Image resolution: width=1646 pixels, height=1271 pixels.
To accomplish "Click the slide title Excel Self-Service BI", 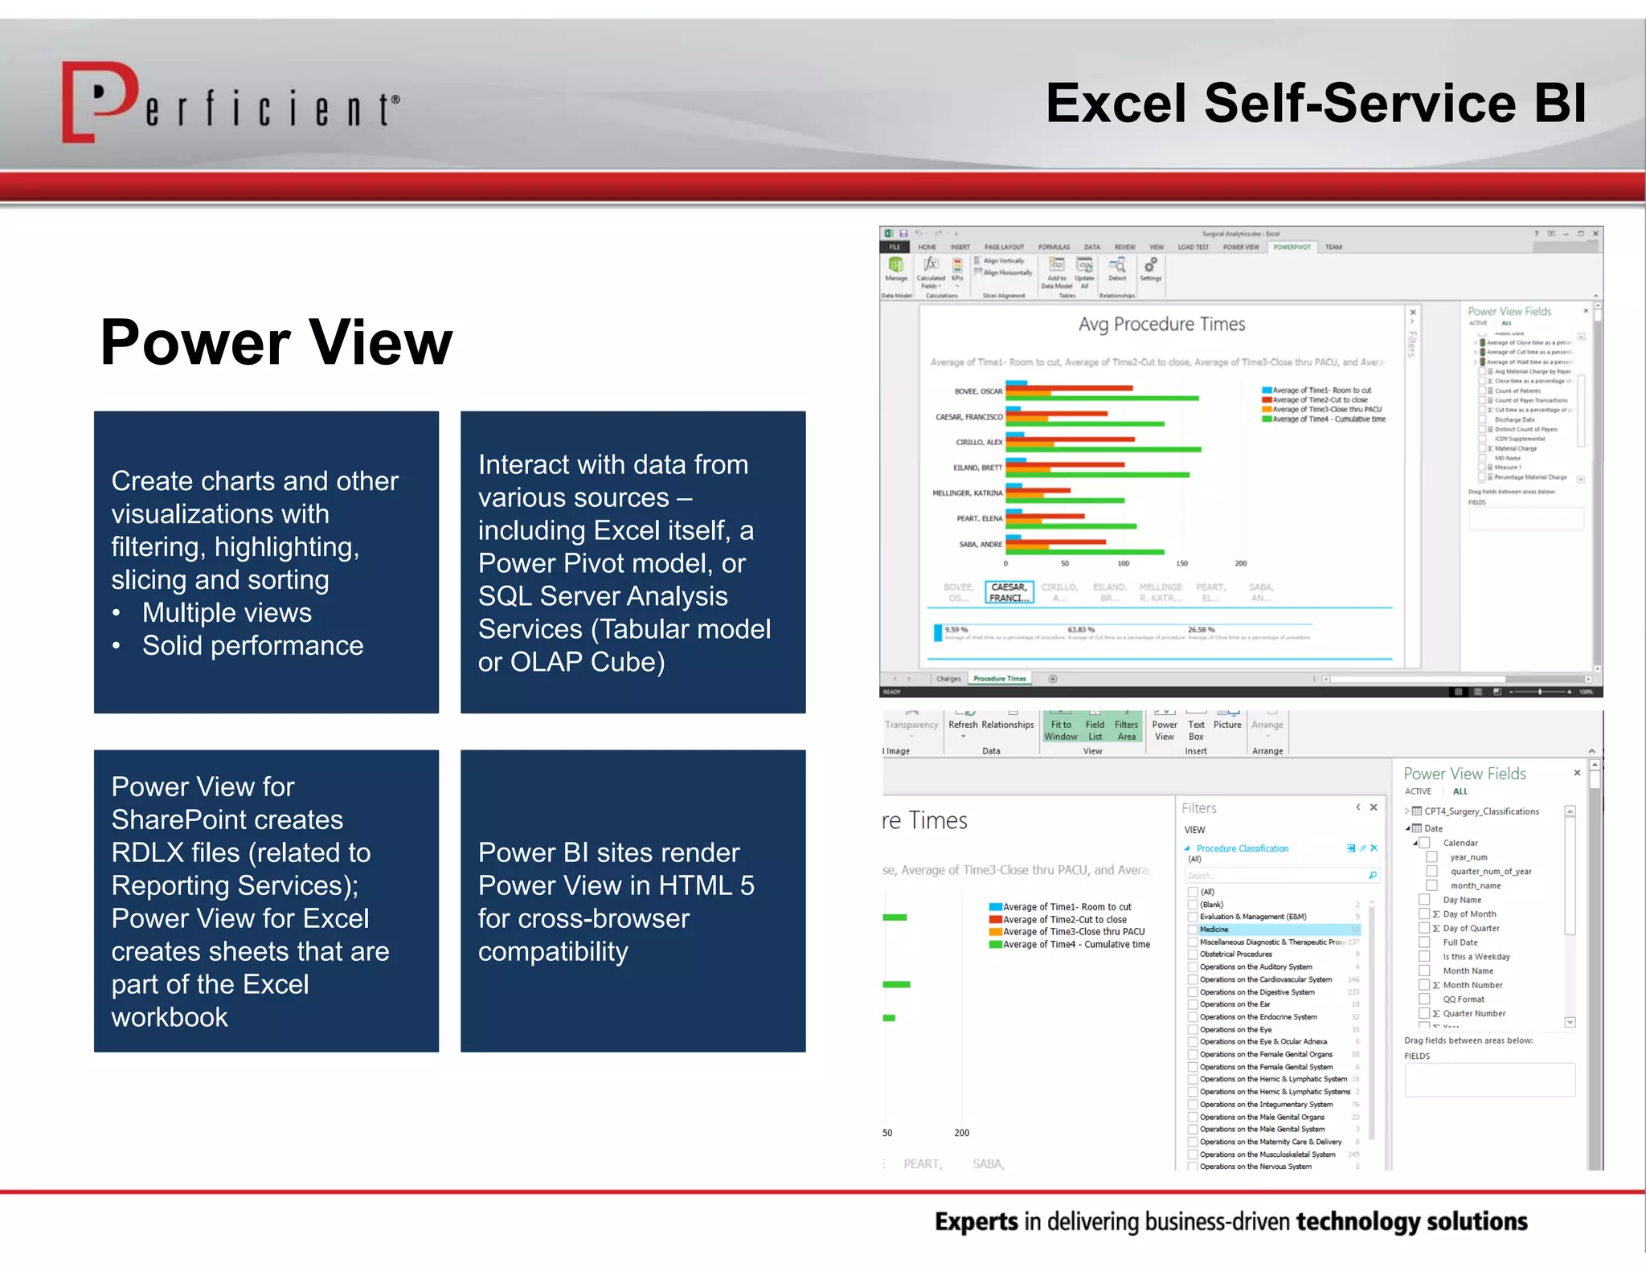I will click(1316, 104).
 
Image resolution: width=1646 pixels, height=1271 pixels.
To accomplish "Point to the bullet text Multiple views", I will click(227, 613).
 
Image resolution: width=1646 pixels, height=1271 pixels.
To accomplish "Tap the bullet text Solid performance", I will click(252, 646).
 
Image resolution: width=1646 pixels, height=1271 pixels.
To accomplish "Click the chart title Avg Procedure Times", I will click(1161, 325).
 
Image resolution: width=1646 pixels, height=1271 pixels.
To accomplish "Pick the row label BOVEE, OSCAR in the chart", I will click(978, 391).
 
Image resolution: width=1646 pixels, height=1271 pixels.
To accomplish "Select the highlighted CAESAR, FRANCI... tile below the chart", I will click(1009, 592).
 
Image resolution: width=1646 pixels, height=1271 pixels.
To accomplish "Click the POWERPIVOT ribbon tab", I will click(1292, 247).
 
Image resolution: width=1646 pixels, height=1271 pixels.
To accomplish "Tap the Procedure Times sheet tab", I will click(999, 679).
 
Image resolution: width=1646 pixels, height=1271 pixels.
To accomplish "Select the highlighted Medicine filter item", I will click(1214, 930).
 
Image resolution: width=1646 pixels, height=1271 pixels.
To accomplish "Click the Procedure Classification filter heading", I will click(1242, 848).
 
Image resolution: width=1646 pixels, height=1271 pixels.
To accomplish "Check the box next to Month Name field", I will click(1424, 971).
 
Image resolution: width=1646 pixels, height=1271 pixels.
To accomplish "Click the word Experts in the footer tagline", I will click(976, 1222).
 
